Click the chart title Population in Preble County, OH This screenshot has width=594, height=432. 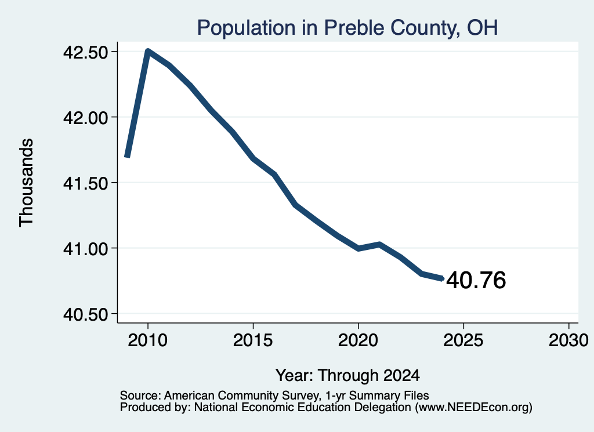[x=347, y=28]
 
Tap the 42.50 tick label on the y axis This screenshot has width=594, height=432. [x=86, y=52]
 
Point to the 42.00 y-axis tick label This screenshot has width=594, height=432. [x=86, y=118]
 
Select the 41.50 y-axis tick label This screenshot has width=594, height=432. [x=86, y=183]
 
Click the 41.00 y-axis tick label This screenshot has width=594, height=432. [x=86, y=249]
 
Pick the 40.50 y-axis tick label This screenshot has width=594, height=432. [x=86, y=314]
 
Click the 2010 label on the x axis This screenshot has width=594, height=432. [x=148, y=340]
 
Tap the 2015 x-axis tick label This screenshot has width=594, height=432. [x=253, y=340]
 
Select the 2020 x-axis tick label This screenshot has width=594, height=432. [x=358, y=340]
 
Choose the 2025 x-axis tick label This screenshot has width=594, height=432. [x=463, y=340]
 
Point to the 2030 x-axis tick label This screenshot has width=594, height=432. [x=568, y=340]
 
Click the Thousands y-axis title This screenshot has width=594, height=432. [x=27, y=183]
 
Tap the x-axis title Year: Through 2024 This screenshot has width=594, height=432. [x=348, y=376]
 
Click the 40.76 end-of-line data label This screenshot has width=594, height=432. [x=476, y=281]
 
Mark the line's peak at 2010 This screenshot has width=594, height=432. [x=148, y=52]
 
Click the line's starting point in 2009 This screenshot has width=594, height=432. [x=127, y=156]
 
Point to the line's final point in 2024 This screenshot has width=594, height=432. [x=442, y=279]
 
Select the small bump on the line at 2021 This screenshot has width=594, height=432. [x=379, y=245]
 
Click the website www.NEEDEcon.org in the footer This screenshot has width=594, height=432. [x=473, y=408]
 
